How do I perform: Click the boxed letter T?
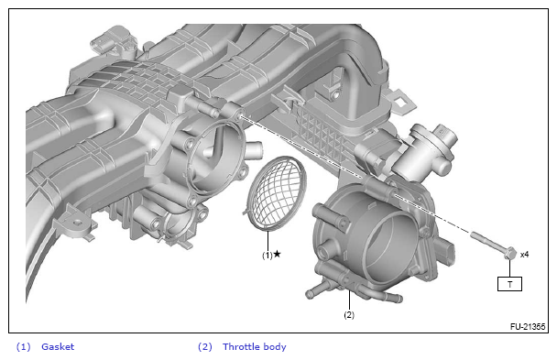click(509, 284)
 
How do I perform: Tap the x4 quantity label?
click(524, 255)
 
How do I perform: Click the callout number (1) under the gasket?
click(268, 255)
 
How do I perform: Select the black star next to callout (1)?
click(277, 254)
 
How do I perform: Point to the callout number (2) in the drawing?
click(349, 314)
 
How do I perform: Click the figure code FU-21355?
click(528, 327)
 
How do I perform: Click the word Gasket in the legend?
click(58, 346)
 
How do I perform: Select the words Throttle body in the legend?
click(255, 347)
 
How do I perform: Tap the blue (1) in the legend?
click(24, 347)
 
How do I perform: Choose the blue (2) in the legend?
click(205, 347)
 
